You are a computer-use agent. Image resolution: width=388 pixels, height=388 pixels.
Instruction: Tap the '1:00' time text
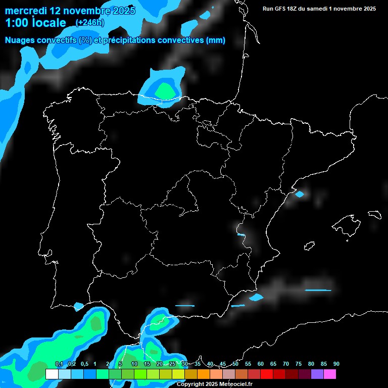pyautogui.click(x=16, y=23)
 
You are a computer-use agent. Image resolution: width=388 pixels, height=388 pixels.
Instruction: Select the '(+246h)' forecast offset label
pyautogui.click(x=89, y=23)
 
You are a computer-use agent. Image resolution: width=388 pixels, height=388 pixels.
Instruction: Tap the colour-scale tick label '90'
pyautogui.click(x=336, y=364)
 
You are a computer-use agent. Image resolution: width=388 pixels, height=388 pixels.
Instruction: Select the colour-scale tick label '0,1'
pyautogui.click(x=59, y=364)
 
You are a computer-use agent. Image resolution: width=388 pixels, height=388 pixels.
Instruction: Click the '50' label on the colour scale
pyautogui.click(x=235, y=364)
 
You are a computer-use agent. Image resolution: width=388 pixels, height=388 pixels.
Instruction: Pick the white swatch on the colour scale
pyautogui.click(x=52, y=374)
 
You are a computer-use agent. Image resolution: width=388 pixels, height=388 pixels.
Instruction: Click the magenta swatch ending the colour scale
pyautogui.click(x=330, y=374)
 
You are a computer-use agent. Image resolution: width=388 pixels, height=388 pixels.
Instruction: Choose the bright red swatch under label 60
pyautogui.click(x=267, y=374)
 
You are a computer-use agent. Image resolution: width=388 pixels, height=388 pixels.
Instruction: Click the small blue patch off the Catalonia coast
pyautogui.click(x=300, y=194)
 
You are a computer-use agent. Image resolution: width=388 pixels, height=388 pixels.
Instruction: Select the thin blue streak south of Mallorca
pyautogui.click(x=318, y=290)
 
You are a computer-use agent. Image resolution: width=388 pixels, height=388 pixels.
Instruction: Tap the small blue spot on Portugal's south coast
pyautogui.click(x=78, y=306)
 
